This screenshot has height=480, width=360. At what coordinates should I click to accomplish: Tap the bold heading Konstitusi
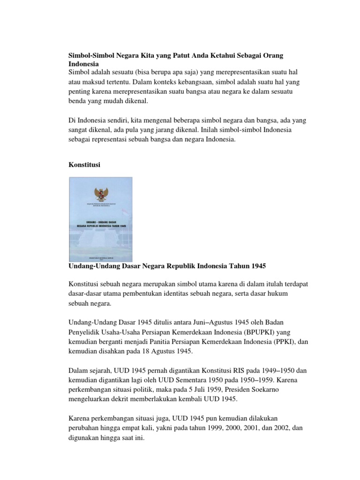pyautogui.click(x=85, y=165)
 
